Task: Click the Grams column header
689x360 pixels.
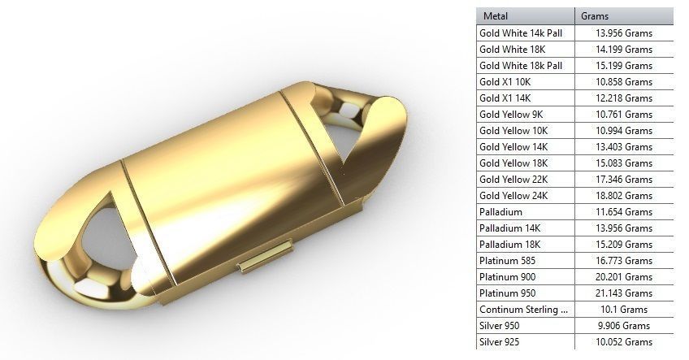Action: [x=596, y=15]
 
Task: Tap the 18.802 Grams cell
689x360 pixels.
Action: [x=624, y=195]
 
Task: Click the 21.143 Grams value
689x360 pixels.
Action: [x=624, y=293]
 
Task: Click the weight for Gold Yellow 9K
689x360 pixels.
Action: [x=624, y=130]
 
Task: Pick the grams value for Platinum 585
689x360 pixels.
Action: [x=624, y=260]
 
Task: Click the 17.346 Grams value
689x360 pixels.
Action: [x=624, y=179]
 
